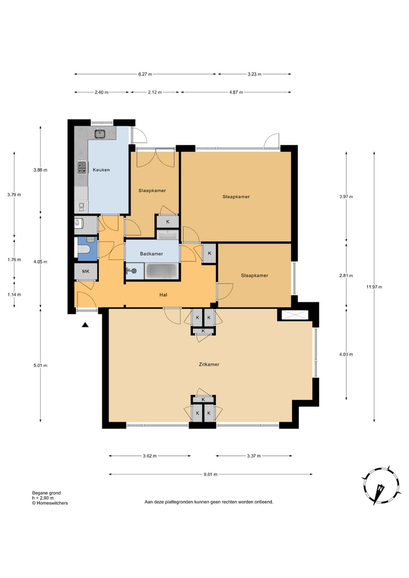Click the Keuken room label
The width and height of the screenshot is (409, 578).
pos(101,170)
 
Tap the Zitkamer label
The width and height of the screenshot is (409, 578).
pos(209,364)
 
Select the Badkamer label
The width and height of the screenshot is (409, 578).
pos(152,253)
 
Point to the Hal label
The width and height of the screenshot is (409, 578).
pos(163,294)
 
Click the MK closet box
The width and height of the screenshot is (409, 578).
pos(86,272)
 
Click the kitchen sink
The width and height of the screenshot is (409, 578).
pos(99,134)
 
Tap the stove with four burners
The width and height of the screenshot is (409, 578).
pos(81,168)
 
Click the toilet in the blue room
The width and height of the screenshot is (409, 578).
pos(85,250)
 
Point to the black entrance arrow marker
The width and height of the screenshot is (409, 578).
pos(85,325)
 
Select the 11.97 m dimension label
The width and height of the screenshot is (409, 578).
pos(374,287)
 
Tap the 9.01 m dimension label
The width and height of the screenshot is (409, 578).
pos(210,475)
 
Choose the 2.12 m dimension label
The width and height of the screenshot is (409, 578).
pos(155,92)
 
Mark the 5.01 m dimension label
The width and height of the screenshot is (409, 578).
pos(40,365)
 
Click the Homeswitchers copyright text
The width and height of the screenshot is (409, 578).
pos(50,503)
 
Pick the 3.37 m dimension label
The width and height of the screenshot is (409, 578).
pos(254,456)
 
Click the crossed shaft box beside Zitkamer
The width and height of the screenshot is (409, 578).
pos(294,315)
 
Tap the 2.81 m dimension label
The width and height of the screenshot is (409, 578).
pos(346,276)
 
